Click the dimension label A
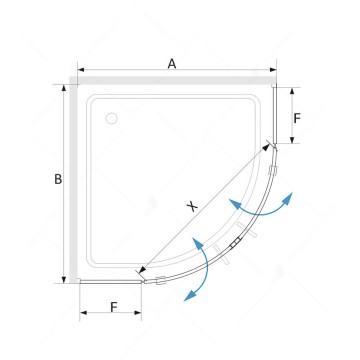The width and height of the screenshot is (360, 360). pos(172,63)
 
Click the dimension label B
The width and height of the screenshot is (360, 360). pos(58,179)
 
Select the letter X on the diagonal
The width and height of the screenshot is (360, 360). pos(192,207)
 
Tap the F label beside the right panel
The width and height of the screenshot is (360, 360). pos(297,118)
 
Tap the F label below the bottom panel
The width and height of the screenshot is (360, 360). pos(114,307)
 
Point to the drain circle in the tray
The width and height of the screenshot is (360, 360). pos(111,118)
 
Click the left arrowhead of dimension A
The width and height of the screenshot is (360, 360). pos(81,70)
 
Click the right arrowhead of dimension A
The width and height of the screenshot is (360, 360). pos(273,70)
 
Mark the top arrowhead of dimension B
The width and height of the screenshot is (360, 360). pos(64,88)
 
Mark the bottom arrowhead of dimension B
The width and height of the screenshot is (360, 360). pos(64,279)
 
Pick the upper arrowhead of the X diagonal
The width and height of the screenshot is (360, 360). pos(266,147)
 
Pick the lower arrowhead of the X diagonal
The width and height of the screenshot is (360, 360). pos(143,270)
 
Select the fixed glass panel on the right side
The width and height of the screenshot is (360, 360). pos(275,115)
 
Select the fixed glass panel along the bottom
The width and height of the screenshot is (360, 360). pos(111,282)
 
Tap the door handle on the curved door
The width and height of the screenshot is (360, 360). pos(236,242)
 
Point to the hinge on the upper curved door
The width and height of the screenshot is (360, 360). pos(273,170)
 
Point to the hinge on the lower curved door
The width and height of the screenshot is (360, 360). pos(161,281)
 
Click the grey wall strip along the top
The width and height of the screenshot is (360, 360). pos(173,80)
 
